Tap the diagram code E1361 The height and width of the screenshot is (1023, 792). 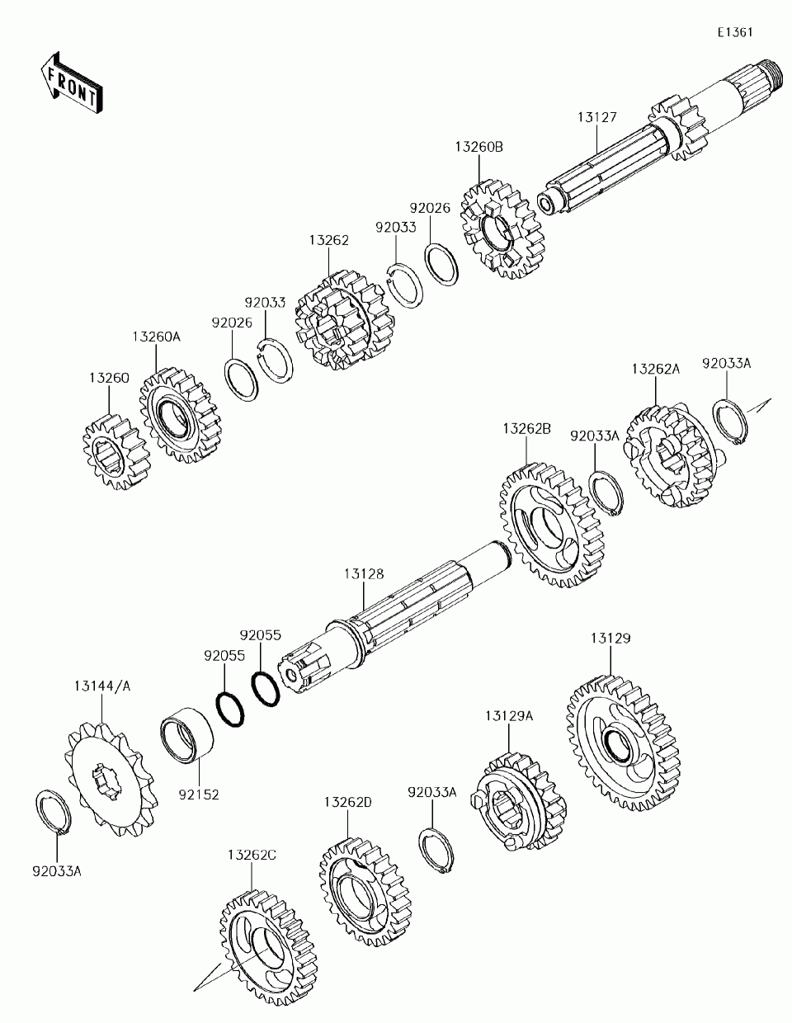pos(734,32)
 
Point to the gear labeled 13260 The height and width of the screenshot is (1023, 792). pos(117,450)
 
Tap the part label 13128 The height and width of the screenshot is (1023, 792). pos(364,574)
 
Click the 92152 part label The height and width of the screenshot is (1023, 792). pos(198,797)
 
